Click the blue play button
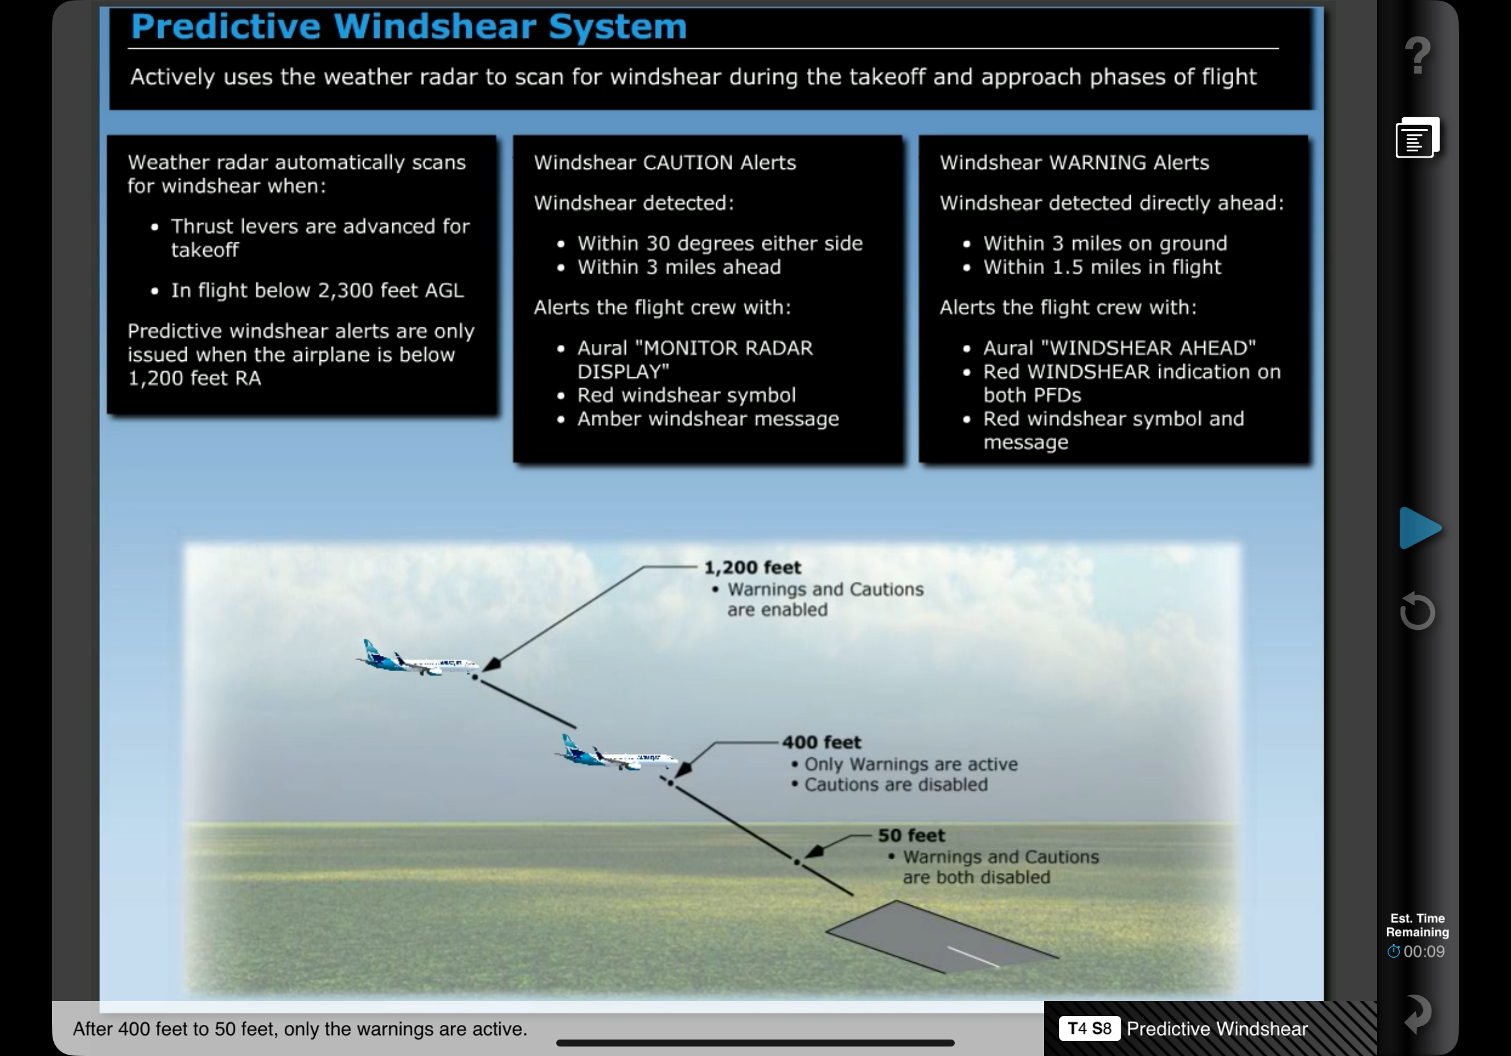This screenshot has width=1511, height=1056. [x=1419, y=527]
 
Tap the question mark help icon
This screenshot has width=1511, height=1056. [x=1417, y=55]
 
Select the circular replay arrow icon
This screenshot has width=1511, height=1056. [x=1417, y=611]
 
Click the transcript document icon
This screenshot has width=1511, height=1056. [x=1417, y=137]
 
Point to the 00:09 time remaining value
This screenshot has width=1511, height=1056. [x=1424, y=952]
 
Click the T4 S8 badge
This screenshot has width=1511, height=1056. [x=1089, y=1028]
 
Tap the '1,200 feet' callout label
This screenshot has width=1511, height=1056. [x=752, y=567]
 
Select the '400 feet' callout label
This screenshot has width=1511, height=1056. [x=821, y=742]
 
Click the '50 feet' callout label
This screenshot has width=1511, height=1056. [x=911, y=835]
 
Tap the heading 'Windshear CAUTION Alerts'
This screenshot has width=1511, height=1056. [x=664, y=163]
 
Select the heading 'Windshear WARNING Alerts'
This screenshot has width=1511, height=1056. [x=1074, y=163]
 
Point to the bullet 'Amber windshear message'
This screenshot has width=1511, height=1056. [x=708, y=418]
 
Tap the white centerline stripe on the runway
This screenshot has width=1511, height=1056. [x=973, y=957]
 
